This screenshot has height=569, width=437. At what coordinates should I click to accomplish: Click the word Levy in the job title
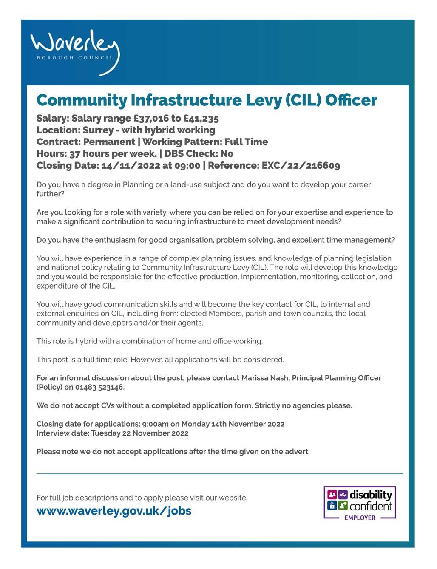(x=264, y=100)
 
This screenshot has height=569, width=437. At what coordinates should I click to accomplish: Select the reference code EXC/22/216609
(x=301, y=165)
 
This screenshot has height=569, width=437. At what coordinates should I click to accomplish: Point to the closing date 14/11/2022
(x=130, y=165)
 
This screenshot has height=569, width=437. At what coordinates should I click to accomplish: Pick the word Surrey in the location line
(x=98, y=130)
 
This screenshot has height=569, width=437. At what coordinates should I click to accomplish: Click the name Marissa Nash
(x=265, y=378)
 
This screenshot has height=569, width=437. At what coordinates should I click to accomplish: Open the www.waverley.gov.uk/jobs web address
(x=114, y=510)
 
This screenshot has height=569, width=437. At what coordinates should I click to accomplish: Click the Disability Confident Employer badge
(x=360, y=503)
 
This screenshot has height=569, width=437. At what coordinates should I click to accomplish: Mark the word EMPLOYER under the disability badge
(x=360, y=518)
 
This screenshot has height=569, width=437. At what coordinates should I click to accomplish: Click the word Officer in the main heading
(x=351, y=100)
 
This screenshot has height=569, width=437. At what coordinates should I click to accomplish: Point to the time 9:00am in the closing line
(x=156, y=424)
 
